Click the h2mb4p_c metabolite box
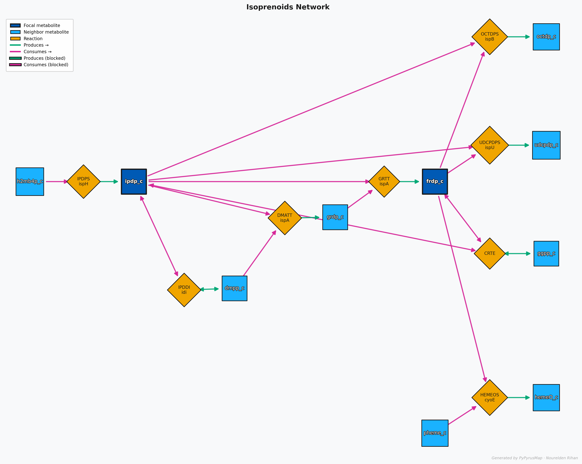pos(30,182)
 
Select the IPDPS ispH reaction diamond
pos(83,182)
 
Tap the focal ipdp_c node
pos(134,182)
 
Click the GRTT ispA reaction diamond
pos(384,182)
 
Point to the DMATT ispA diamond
pos(284,218)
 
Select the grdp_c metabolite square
pos(335,217)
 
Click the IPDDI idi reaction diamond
pos(184,290)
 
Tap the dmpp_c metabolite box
pos(234,288)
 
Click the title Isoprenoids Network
pos(288,7)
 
